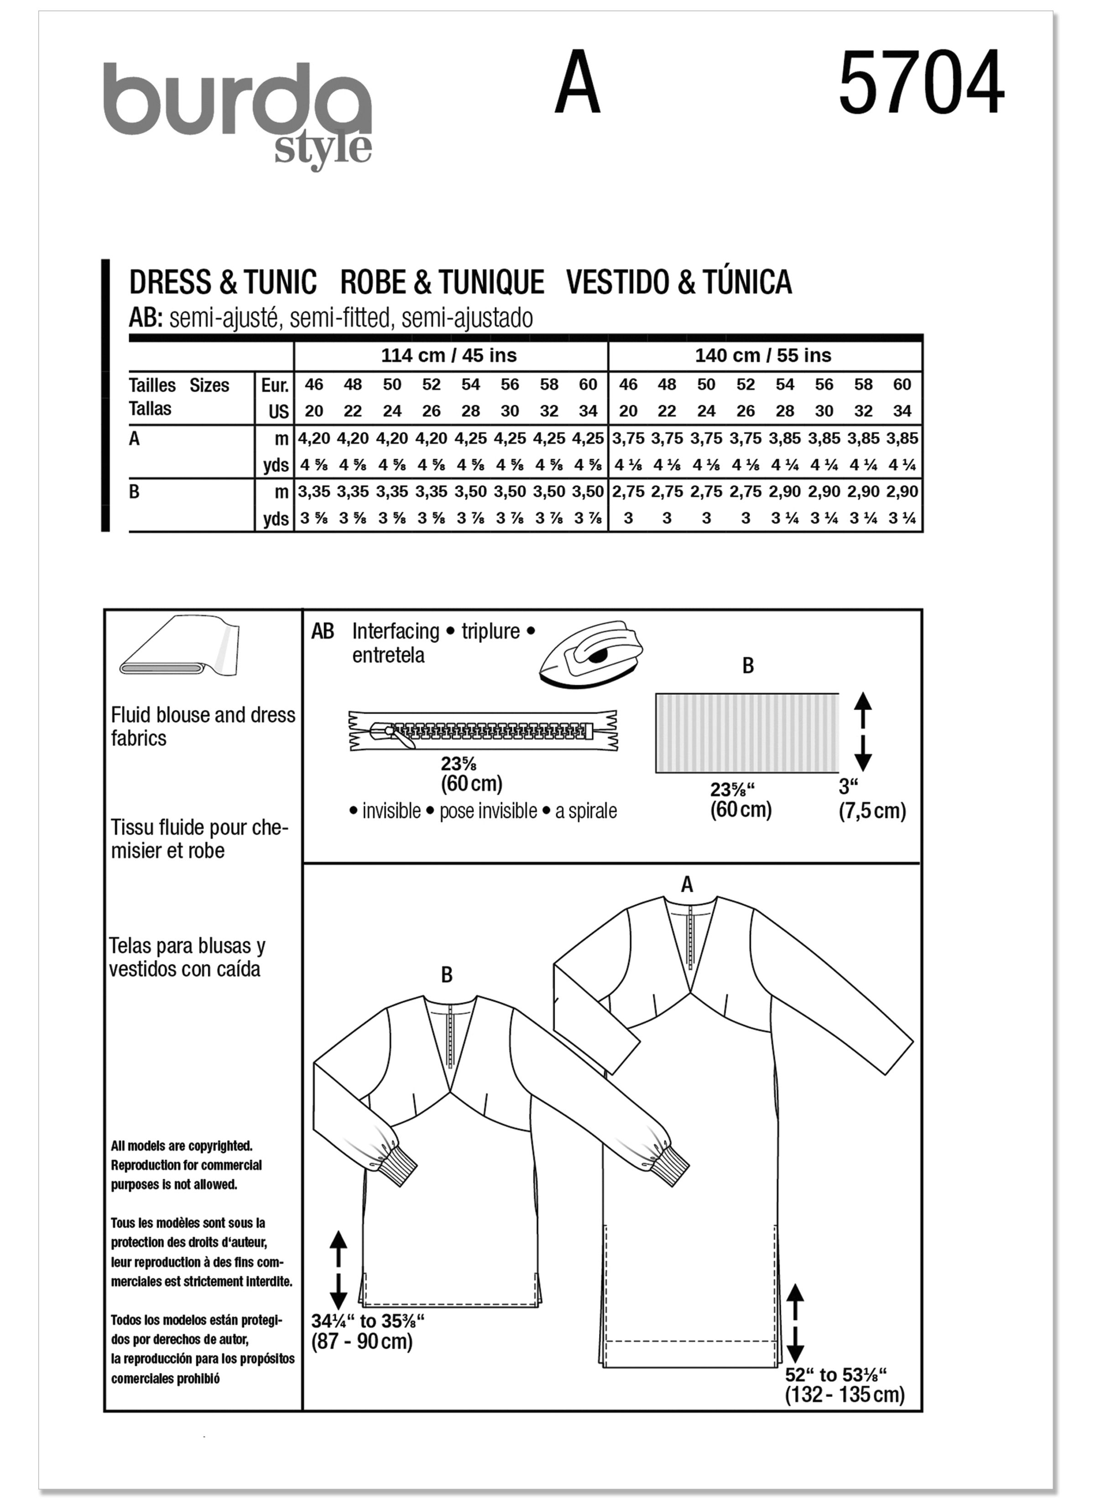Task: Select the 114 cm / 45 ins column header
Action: click(x=449, y=356)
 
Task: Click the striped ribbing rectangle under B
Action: click(x=746, y=732)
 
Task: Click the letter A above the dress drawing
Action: click(x=687, y=885)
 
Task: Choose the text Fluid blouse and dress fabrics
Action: click(x=203, y=726)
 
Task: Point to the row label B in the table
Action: click(x=135, y=493)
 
